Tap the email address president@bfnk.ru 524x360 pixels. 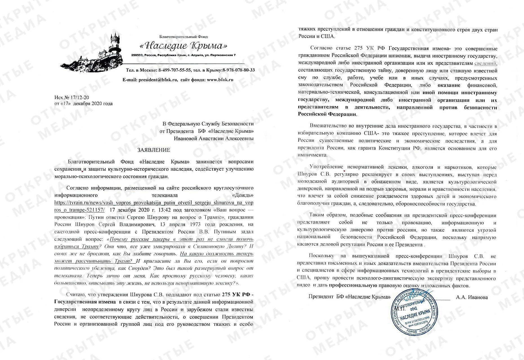tap(158, 80)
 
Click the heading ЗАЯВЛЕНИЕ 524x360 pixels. tap(154, 150)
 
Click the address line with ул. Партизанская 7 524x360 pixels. tap(183, 55)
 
